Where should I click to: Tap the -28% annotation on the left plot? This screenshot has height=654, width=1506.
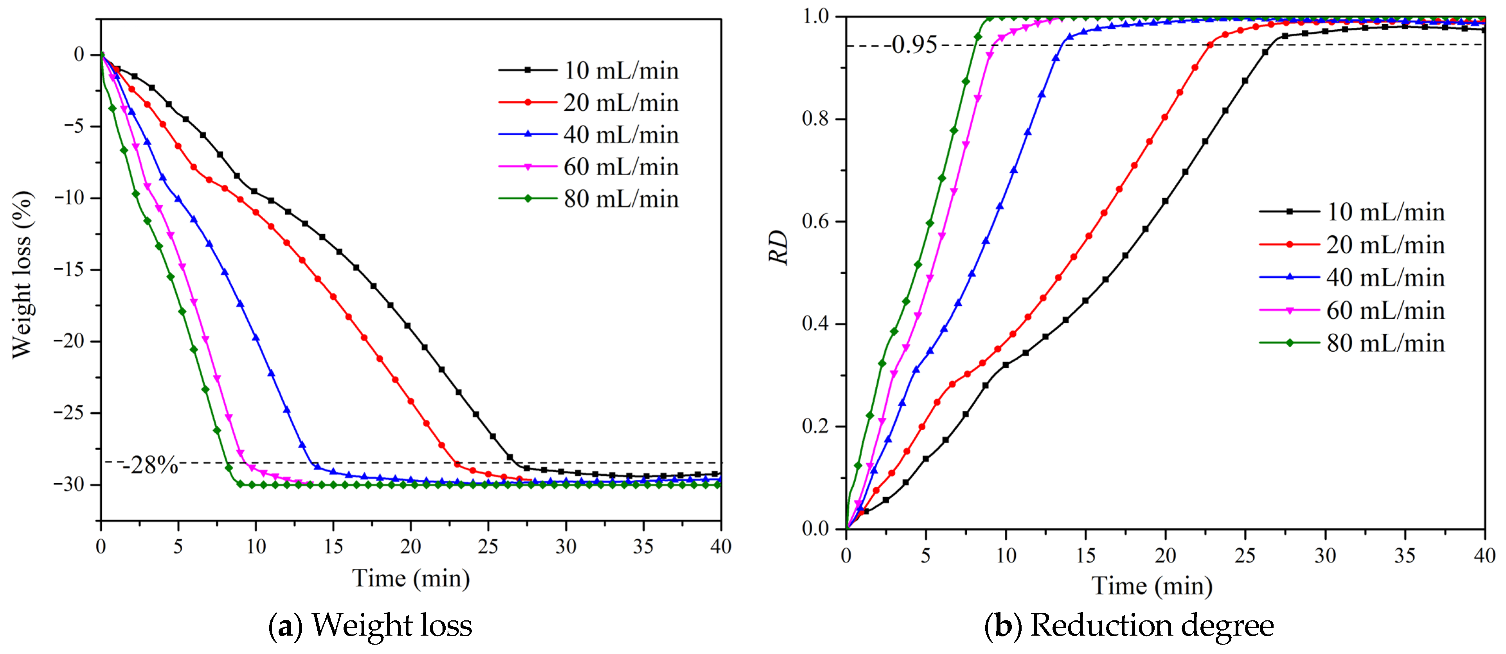point(150,465)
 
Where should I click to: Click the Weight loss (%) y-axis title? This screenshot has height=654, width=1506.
point(22,274)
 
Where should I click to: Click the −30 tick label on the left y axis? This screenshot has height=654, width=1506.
point(69,485)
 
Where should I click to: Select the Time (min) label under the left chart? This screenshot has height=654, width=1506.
point(411,579)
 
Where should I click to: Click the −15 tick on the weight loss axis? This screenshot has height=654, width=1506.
point(69,270)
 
